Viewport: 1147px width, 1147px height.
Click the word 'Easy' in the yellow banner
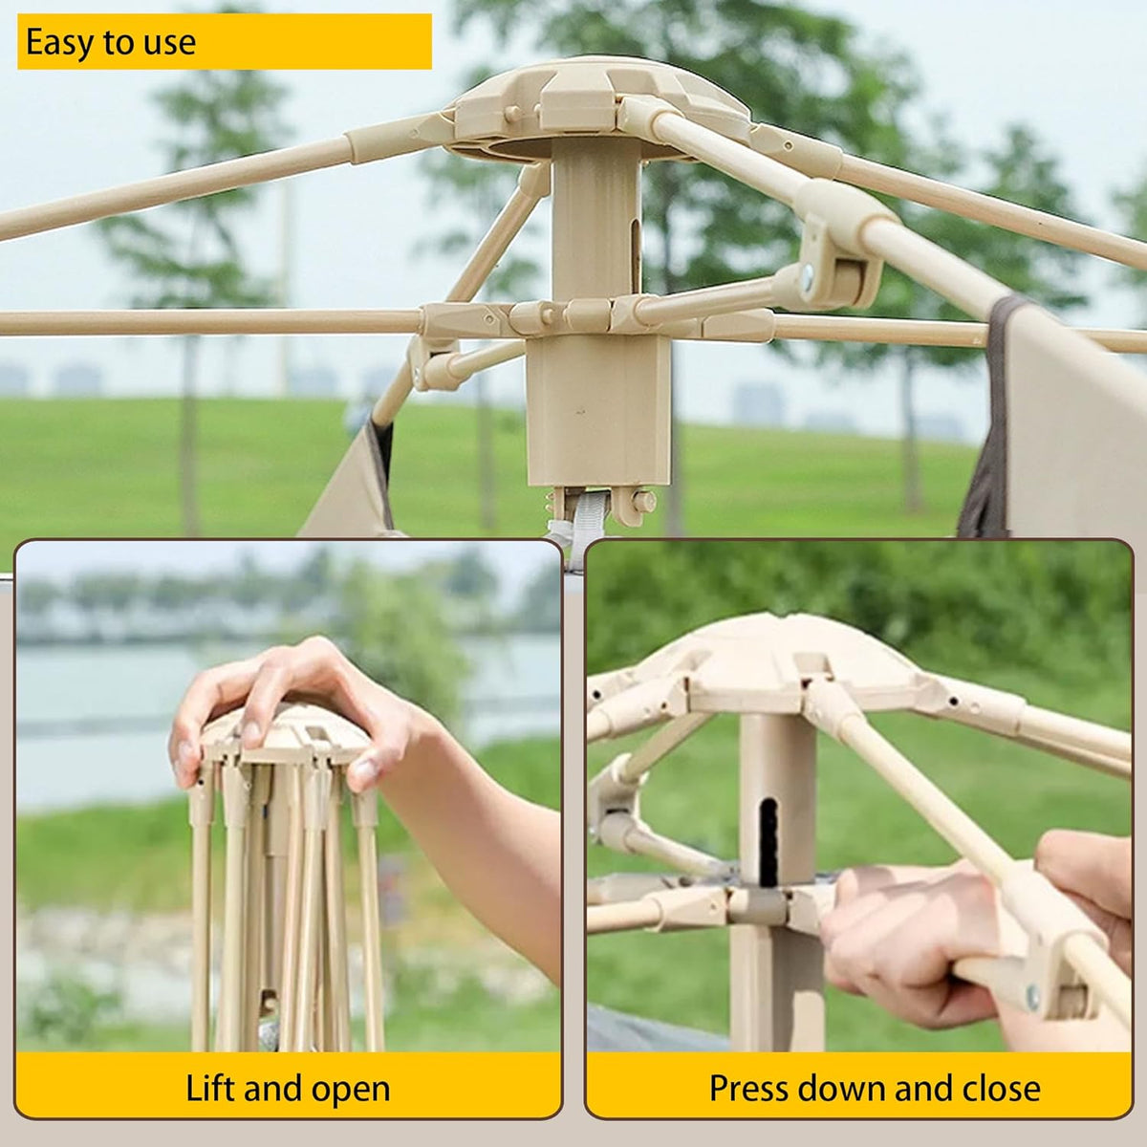pyautogui.click(x=59, y=43)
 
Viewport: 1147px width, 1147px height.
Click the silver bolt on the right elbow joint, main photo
pyautogui.click(x=807, y=277)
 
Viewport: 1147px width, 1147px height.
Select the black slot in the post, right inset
pyautogui.click(x=769, y=842)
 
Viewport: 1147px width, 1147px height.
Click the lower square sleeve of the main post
pyautogui.click(x=598, y=411)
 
